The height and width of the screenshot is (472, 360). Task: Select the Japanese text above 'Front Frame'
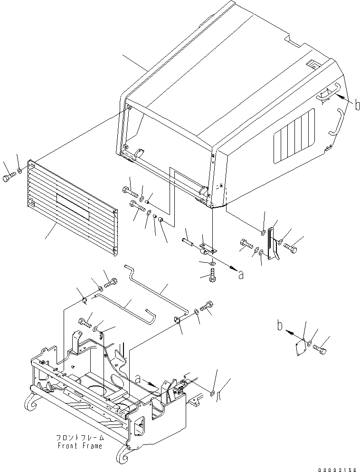click(x=79, y=438)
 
